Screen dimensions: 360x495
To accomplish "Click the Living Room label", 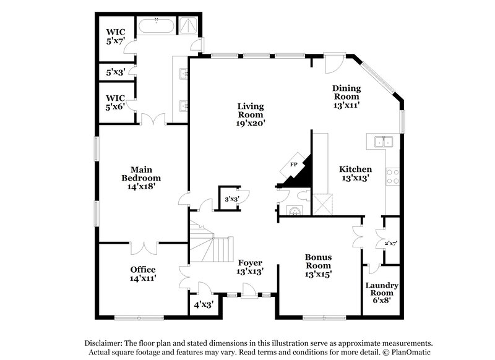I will (x=251, y=114).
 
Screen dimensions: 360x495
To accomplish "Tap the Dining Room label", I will (x=346, y=96).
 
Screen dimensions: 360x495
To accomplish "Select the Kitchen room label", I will (x=355, y=173).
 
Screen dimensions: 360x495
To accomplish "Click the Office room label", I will (x=142, y=273).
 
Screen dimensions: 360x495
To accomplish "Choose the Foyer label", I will (x=251, y=267).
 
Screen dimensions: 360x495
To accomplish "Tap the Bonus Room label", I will (x=319, y=265).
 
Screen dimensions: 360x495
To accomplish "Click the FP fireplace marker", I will (x=295, y=165).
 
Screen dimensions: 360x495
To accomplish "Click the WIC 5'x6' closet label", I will (x=115, y=101).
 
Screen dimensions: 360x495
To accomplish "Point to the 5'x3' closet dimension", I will (x=115, y=72).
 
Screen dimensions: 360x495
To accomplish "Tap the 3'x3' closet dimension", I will (x=231, y=199).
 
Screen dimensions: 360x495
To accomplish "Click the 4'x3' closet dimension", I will (x=204, y=304).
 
